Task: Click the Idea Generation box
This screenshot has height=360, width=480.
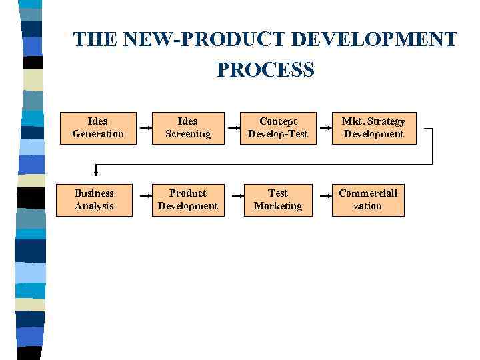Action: (98, 128)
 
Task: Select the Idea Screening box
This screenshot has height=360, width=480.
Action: (187, 128)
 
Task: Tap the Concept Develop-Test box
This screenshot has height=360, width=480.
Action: (278, 128)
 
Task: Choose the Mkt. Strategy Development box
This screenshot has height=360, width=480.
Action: (373, 128)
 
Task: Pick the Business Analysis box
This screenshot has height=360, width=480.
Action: (94, 200)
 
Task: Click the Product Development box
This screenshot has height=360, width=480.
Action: (187, 200)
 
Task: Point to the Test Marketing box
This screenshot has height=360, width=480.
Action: (278, 200)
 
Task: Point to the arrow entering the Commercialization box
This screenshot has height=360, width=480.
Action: (323, 196)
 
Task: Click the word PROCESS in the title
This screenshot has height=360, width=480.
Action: (265, 69)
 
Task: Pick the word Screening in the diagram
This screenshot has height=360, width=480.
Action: (187, 134)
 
